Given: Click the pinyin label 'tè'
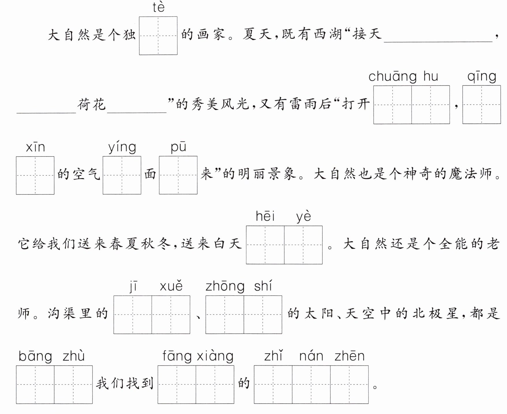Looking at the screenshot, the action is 158,7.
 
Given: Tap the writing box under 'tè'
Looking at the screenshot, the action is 158,35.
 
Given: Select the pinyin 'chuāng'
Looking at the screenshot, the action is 393,77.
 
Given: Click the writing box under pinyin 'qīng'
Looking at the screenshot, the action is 482,105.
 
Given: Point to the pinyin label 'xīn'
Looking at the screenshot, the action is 35,147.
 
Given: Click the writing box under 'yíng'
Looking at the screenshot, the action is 122,175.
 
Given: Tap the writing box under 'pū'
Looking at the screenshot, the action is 178,175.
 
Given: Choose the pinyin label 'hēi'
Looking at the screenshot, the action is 265,216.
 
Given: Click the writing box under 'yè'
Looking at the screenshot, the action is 303,245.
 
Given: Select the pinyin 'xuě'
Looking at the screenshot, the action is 171,286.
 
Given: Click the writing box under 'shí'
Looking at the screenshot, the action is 263,315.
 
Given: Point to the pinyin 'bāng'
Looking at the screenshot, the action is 35,356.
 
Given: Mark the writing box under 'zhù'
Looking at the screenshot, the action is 73,385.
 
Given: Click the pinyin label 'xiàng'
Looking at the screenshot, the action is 215,356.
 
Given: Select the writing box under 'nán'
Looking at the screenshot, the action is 311,385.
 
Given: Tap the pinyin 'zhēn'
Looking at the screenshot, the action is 350,356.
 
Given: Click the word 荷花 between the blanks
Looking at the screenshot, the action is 91,104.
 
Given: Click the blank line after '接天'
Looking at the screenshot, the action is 438,42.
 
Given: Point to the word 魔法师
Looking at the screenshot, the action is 471,174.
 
